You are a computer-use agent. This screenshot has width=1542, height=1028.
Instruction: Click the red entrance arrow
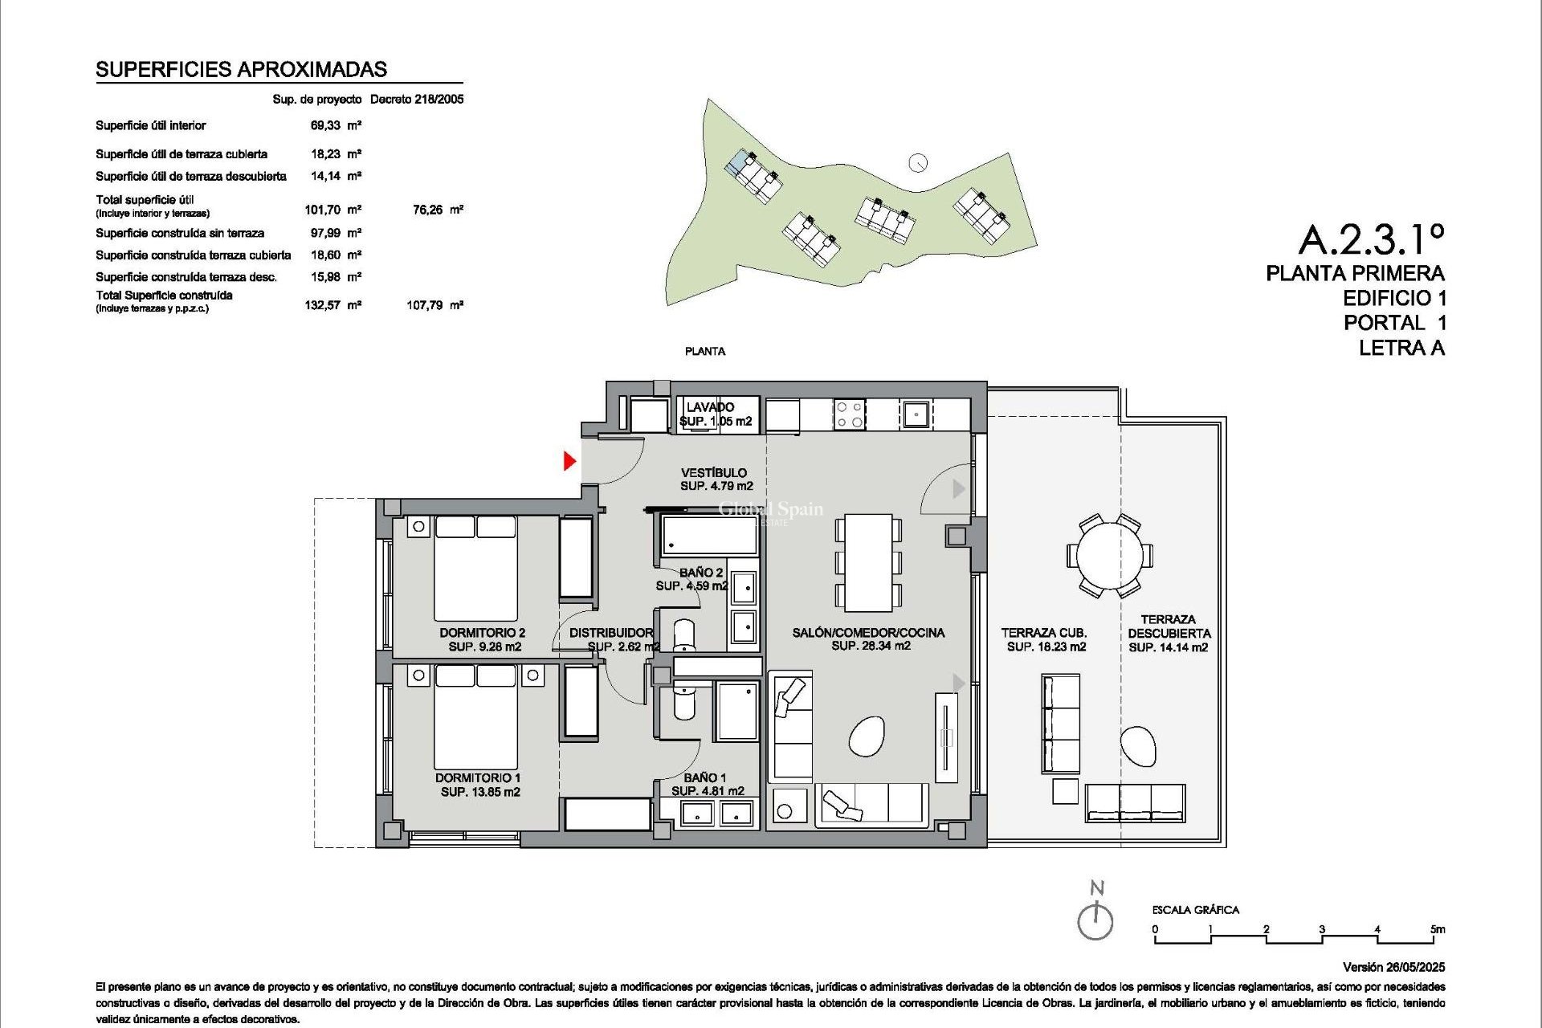pyautogui.click(x=569, y=461)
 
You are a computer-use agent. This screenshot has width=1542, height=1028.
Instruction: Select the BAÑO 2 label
pyautogui.click(x=700, y=573)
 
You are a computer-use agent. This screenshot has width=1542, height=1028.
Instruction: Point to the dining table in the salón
pyautogui.click(x=868, y=562)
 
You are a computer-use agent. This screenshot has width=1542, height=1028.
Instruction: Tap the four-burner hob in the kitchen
pyautogui.click(x=849, y=414)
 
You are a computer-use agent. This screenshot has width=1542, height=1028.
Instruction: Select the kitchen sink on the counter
pyautogui.click(x=915, y=414)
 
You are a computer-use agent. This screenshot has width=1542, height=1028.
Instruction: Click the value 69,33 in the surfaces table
pyautogui.click(x=325, y=125)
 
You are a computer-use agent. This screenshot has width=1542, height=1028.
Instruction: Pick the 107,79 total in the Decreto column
pyautogui.click(x=425, y=305)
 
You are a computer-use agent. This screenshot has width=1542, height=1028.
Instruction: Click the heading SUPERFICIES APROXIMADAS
pyautogui.click(x=241, y=70)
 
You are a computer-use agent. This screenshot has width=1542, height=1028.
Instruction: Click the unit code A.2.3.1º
pyautogui.click(x=1371, y=239)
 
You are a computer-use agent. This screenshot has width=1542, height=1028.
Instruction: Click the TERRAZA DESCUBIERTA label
pyautogui.click(x=1168, y=626)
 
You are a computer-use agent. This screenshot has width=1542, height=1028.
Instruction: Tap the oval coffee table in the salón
pyautogui.click(x=867, y=735)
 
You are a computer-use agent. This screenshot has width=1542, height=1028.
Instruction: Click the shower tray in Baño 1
pyautogui.click(x=736, y=712)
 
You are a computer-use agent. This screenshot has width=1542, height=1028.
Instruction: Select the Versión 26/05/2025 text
pyautogui.click(x=1393, y=967)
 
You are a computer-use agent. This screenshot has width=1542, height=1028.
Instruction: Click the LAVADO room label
pyautogui.click(x=710, y=407)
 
